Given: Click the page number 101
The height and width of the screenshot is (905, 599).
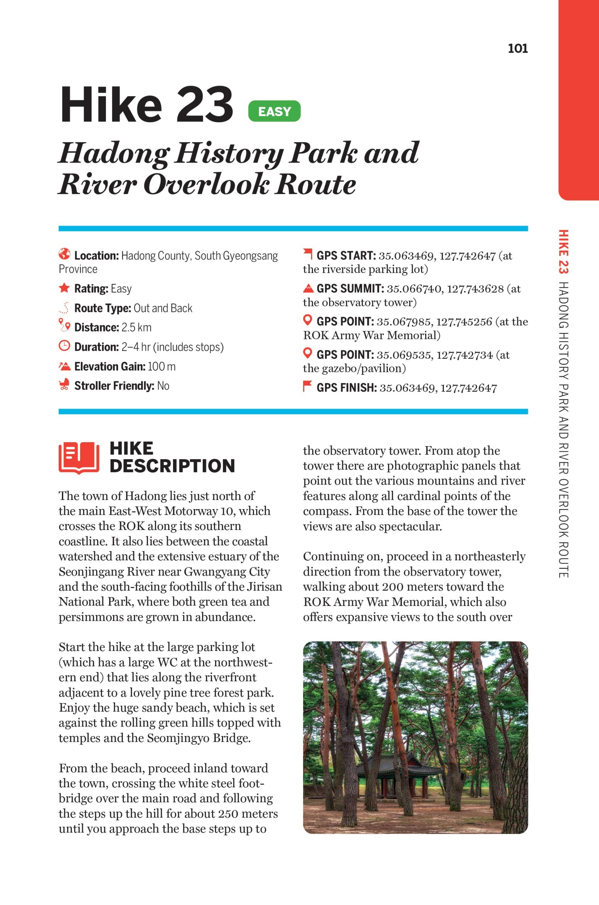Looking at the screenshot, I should [518, 48].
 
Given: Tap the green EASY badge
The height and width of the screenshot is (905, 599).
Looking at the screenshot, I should [274, 111].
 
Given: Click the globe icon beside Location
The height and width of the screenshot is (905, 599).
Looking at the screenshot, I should [65, 253].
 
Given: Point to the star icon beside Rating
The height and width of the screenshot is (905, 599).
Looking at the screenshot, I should [65, 288].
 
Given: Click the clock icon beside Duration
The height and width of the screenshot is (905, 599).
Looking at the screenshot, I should [65, 346].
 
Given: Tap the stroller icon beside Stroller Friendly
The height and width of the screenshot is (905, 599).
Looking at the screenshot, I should [64, 385].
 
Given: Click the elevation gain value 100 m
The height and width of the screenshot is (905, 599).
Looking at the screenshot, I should [162, 367].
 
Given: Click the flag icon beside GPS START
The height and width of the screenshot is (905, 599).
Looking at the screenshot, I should [308, 253].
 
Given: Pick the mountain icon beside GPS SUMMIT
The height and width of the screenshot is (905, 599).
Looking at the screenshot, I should [308, 287].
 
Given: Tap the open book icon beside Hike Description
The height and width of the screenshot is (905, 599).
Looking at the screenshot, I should [79, 458].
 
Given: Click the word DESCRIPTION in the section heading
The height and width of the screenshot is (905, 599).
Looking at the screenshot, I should [172, 466].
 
